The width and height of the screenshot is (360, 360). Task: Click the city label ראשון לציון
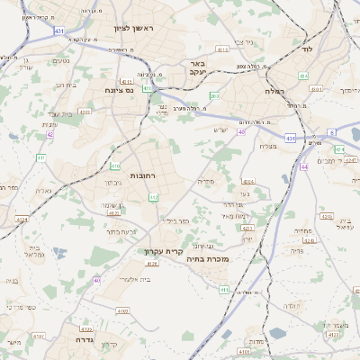(134, 29)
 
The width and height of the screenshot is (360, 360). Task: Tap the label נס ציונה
(118, 90)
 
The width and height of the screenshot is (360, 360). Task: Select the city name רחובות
(145, 175)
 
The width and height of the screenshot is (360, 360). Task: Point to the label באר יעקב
(199, 69)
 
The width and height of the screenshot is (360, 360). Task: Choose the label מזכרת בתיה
(211, 258)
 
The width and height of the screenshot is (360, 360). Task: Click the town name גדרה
(84, 341)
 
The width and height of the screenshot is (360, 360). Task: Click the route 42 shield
(49, 134)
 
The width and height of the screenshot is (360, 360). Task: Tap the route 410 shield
(115, 166)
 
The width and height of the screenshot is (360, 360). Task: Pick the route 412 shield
(154, 197)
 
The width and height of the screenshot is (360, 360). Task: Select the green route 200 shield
(214, 96)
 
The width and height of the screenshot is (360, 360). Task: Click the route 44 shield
(304, 166)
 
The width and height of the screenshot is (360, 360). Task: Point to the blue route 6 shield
(331, 132)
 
